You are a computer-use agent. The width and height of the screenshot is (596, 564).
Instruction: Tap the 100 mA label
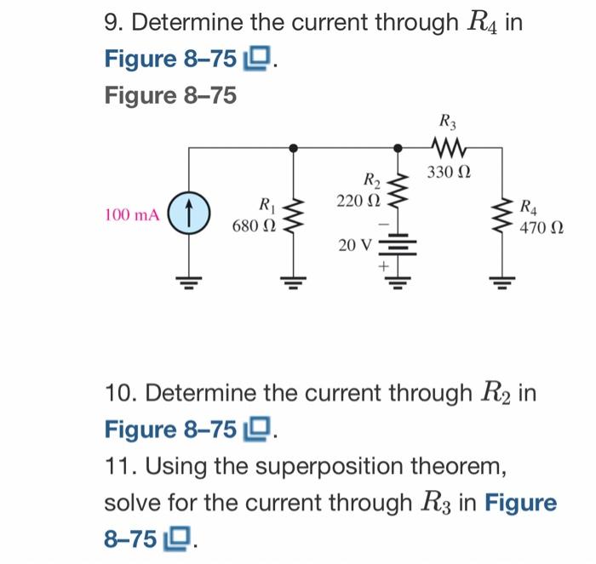(x=131, y=215)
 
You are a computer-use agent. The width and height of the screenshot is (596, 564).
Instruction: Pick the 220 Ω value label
(x=357, y=201)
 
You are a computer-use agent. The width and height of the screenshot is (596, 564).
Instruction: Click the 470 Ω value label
(x=540, y=227)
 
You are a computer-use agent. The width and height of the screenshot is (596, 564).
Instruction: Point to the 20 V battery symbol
(x=396, y=245)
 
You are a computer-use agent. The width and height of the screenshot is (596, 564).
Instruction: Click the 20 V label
(x=355, y=246)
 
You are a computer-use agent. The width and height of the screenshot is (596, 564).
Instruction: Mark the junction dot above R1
(x=294, y=147)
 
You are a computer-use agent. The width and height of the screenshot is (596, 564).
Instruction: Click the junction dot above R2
(x=396, y=147)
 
